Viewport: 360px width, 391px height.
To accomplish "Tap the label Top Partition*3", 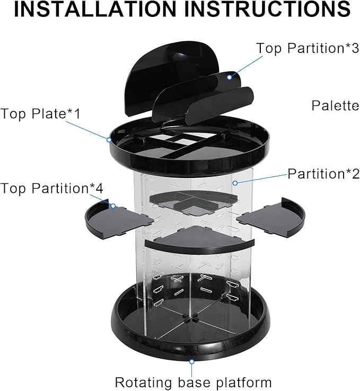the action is point(308,48).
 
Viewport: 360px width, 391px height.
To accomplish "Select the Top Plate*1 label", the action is point(41,114).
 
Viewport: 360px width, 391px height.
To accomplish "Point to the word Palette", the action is point(335,105).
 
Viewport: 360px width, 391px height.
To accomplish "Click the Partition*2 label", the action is point(323,174).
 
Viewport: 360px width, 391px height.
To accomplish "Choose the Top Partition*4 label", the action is point(51,188).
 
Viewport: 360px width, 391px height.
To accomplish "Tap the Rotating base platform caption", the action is point(193,382).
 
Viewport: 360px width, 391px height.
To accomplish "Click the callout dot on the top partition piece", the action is point(229,77).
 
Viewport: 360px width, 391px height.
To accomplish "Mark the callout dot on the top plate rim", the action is point(109,140).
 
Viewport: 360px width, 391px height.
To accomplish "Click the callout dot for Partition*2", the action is point(235,183).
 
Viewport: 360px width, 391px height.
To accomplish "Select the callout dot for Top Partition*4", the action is point(113,206).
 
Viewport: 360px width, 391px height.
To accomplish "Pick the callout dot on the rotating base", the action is point(191,361).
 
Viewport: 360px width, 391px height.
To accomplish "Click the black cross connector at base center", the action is point(190,319).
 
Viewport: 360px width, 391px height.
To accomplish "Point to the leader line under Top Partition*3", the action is point(246,66).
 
